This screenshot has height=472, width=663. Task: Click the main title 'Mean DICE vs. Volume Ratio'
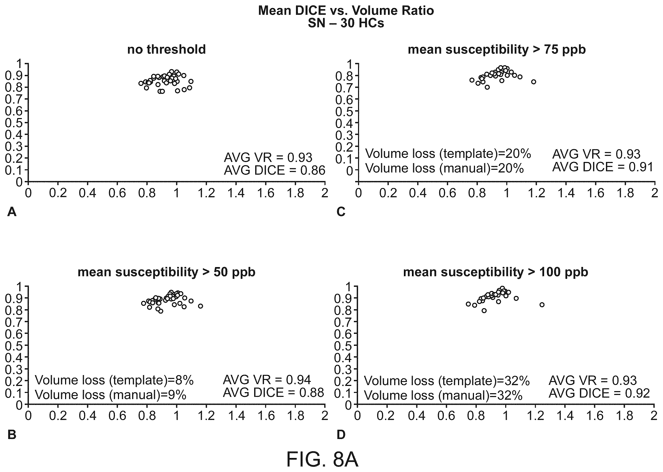point(346,10)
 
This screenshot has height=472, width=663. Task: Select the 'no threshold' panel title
point(166,49)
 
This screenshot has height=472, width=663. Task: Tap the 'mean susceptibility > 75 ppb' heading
point(497,50)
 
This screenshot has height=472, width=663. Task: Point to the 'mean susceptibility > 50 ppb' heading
point(166,272)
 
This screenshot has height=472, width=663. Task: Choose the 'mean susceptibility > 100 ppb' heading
point(495,272)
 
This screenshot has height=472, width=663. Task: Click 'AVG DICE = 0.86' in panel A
point(274,170)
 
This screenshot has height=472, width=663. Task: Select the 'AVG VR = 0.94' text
point(267,380)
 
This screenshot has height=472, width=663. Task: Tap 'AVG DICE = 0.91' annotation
point(603,167)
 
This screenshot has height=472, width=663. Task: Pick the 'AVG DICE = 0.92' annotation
point(599,393)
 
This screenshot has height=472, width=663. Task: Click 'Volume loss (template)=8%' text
point(114,380)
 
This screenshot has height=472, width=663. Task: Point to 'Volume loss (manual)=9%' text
point(110,395)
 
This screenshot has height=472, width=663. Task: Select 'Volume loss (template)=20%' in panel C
point(448,153)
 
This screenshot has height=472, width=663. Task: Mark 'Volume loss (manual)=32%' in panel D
point(443,395)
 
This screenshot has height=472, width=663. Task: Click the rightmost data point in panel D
point(542,305)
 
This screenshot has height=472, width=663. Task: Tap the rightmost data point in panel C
point(534,82)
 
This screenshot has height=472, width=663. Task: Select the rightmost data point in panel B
point(201,306)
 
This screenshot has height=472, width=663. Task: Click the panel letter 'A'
point(12,212)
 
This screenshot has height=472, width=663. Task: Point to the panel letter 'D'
point(341,435)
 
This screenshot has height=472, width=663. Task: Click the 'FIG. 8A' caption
point(322,459)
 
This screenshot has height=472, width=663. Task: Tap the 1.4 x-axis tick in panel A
point(236,193)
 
